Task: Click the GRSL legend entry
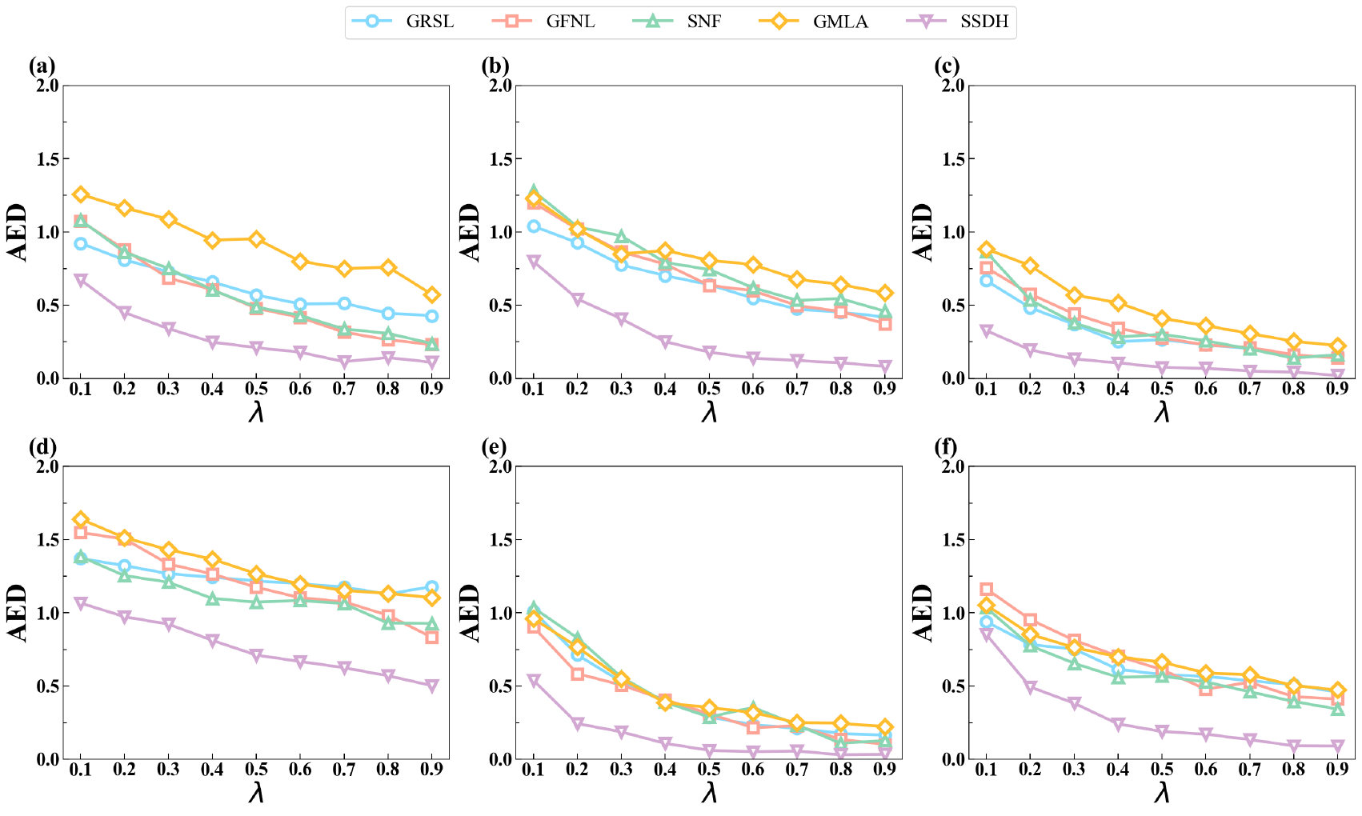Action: pos(430,22)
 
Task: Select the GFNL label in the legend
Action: pos(571,22)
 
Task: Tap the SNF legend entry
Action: pos(703,22)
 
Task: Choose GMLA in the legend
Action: pos(840,22)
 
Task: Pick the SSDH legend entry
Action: pos(984,22)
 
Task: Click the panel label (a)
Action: pos(42,66)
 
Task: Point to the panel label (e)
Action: pos(495,447)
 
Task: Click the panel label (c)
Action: pos(948,66)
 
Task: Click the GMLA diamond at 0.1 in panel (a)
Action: pos(80,194)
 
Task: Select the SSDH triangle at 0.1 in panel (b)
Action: pos(533,262)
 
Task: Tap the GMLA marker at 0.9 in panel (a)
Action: pos(432,294)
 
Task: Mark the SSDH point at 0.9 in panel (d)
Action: pos(432,686)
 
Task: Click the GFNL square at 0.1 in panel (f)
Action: pos(986,590)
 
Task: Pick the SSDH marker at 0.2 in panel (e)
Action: pos(577,724)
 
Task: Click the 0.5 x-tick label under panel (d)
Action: pos(256,770)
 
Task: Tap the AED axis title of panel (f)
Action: pos(923,613)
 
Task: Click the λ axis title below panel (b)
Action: pos(709,412)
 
